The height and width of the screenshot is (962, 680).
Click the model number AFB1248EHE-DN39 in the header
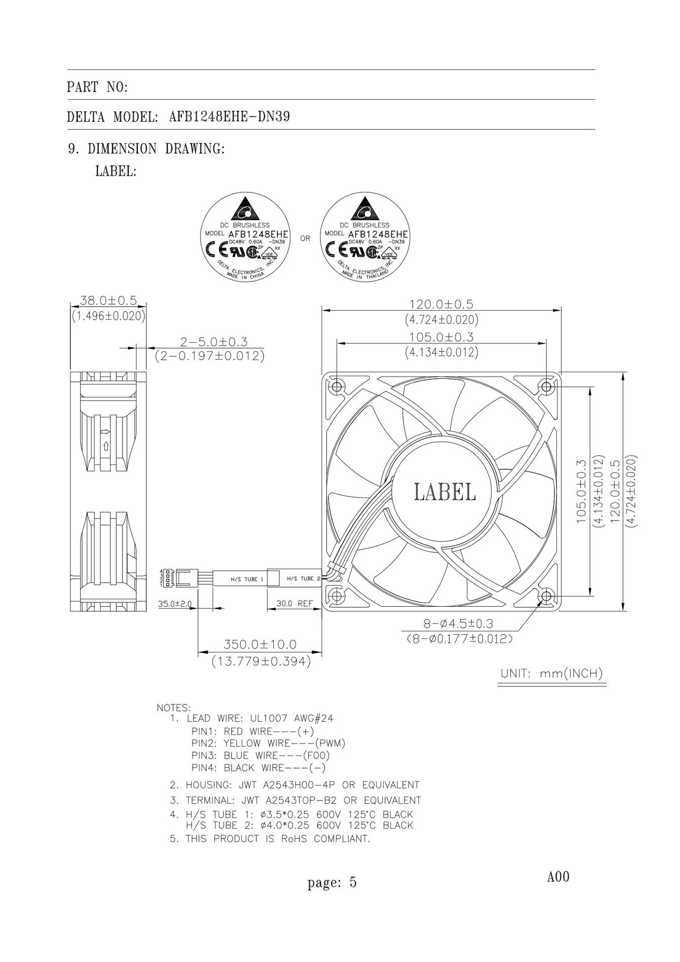pos(229,117)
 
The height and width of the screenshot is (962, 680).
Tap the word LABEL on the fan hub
pos(444,492)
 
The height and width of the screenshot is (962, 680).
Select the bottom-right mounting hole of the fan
pos(546,596)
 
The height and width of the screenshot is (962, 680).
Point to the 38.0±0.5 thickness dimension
pos(109,301)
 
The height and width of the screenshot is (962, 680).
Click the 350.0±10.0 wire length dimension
pos(260,644)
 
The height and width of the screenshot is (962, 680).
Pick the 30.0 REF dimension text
pos(294,604)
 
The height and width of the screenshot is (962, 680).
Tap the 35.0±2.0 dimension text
pos(175,604)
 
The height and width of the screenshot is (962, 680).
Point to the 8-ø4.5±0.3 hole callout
pos(458,624)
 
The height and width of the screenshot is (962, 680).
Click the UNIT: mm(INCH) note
pos(551,673)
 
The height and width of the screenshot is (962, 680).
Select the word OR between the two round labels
pos(305,238)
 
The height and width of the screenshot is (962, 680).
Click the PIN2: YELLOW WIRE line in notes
pos(268,743)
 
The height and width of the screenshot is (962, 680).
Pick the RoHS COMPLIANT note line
pos(277,839)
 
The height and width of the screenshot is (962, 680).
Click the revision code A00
pos(558,877)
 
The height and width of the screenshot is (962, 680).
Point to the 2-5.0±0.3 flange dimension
pos(214,342)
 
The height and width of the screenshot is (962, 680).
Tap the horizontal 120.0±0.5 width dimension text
pos(441,304)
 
